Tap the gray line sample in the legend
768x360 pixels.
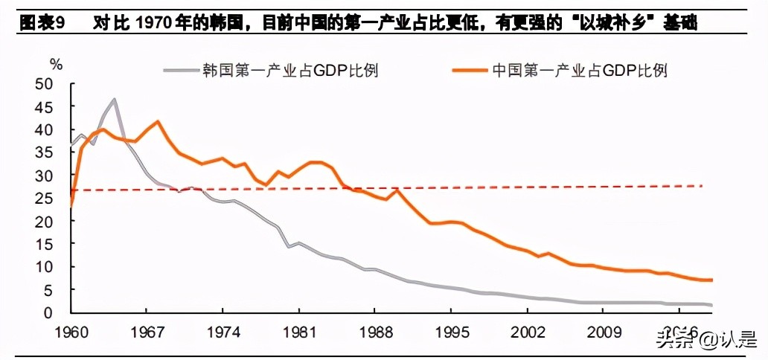coord(182,71)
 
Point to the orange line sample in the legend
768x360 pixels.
coord(470,71)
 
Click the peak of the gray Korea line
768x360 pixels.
coord(114,99)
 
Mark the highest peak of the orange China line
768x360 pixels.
coord(157,121)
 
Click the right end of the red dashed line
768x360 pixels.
coord(702,185)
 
